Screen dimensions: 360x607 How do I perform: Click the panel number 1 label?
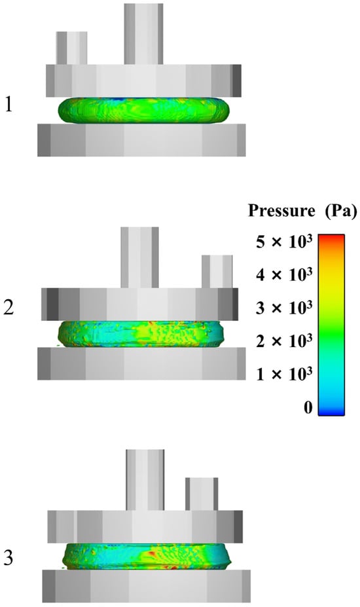pyautogui.click(x=9, y=105)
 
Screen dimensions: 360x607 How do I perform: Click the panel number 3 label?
pyautogui.click(x=9, y=558)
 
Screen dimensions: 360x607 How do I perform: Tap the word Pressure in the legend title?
pyautogui.click(x=281, y=211)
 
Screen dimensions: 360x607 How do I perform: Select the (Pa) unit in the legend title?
pyautogui.click(x=340, y=211)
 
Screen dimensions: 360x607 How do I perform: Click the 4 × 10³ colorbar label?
pyautogui.click(x=284, y=275)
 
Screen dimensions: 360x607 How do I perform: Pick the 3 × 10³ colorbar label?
pyautogui.click(x=284, y=308)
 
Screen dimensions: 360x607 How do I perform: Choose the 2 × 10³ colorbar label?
pyautogui.click(x=284, y=341)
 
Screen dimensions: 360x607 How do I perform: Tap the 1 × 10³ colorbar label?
pyautogui.click(x=284, y=374)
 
